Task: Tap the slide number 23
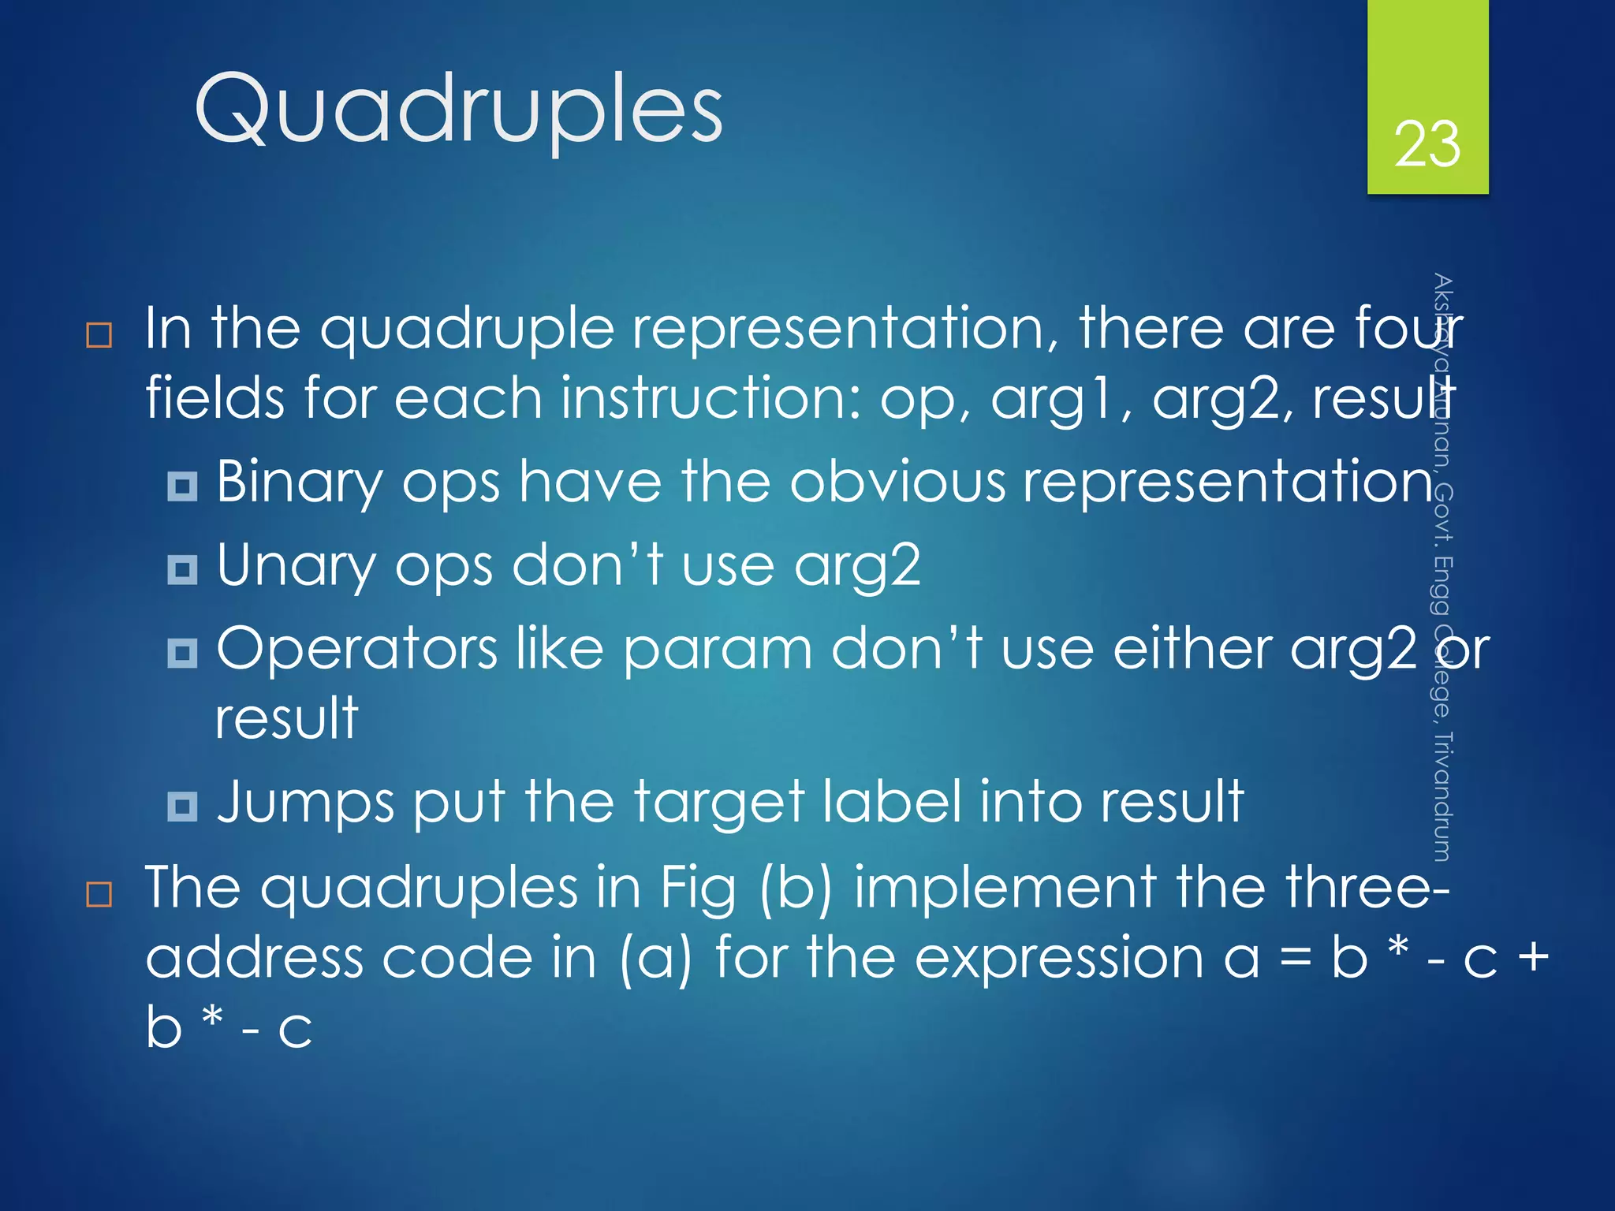tap(1427, 144)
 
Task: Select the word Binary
tap(300, 483)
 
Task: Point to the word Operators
tap(356, 649)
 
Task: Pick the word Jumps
tap(305, 803)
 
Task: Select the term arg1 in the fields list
tap(1060, 399)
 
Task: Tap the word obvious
tap(897, 482)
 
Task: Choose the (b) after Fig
tap(796, 888)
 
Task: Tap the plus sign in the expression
tap(1533, 959)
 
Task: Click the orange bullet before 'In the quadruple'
tap(99, 335)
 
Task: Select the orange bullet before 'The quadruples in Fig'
tap(99, 895)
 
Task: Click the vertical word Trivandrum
tap(1442, 796)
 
